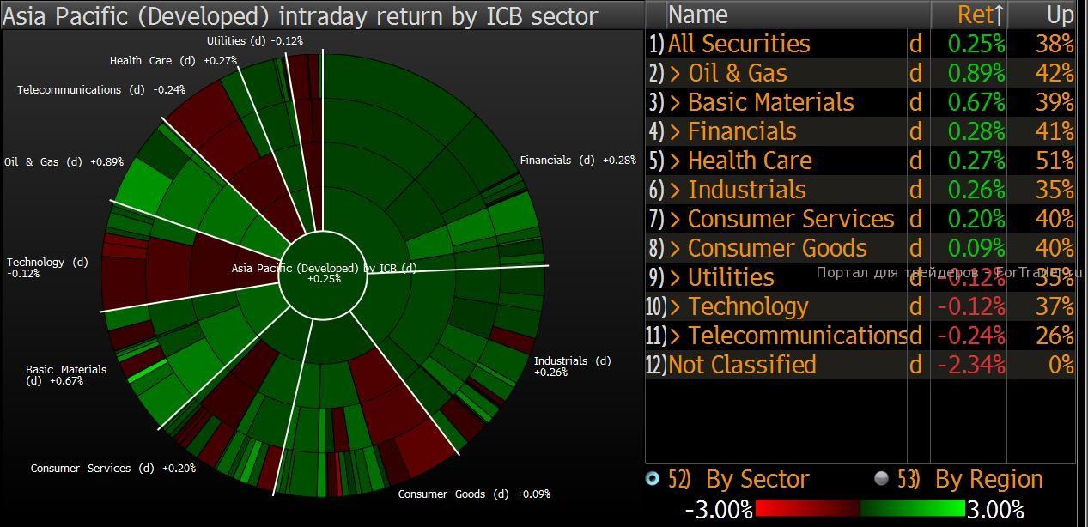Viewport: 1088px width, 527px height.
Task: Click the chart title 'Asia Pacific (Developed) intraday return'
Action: pos(301,15)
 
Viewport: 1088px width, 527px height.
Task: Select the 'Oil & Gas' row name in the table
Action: pos(738,74)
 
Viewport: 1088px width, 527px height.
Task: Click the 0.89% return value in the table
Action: pos(976,74)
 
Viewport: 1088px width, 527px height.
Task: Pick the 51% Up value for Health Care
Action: pos(1055,161)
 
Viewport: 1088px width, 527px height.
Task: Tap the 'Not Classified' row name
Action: pos(742,365)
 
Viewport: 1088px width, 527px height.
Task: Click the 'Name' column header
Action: pos(698,15)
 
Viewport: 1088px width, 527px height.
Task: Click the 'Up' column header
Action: pos(1060,15)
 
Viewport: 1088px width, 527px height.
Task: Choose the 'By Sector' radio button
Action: pos(653,479)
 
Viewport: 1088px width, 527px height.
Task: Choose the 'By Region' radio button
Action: pos(881,479)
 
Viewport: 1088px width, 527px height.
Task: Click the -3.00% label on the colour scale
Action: pos(719,510)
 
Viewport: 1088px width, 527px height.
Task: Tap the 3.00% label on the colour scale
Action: pos(995,510)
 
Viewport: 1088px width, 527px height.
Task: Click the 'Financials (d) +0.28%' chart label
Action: pos(578,161)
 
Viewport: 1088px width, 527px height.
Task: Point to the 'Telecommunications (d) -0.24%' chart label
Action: pos(100,89)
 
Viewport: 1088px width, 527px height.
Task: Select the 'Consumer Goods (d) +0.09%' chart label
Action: pos(474,494)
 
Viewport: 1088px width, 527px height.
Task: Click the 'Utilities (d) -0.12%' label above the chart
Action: pos(254,41)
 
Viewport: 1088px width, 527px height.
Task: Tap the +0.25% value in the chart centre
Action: pos(324,279)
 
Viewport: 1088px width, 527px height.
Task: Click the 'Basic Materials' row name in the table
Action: pos(770,103)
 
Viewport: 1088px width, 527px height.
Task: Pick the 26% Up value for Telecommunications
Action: pos(1055,336)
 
